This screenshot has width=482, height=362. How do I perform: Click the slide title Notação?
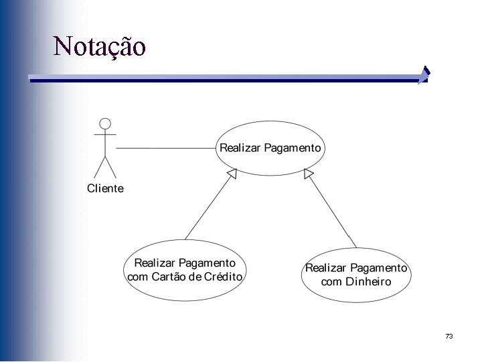[x=99, y=46]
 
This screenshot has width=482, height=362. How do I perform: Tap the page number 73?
[x=449, y=336]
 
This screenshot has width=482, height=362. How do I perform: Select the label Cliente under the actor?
[x=105, y=188]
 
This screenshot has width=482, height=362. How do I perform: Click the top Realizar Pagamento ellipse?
[x=270, y=161]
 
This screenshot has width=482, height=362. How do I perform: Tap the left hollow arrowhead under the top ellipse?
[x=232, y=174]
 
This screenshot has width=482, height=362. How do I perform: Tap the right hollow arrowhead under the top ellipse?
[x=308, y=174]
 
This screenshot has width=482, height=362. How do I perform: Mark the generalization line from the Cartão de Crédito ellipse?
[x=208, y=208]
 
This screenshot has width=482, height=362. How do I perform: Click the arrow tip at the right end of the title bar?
[x=424, y=74]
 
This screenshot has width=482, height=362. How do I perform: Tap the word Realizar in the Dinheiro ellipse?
[x=326, y=268]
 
